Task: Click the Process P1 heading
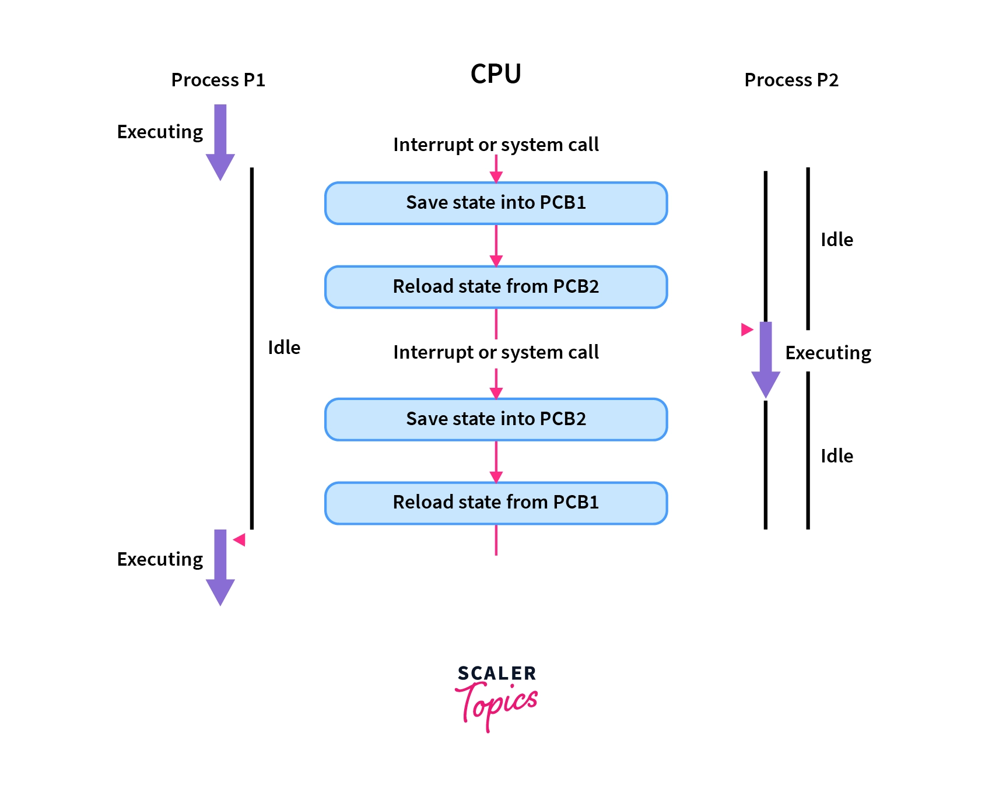click(218, 80)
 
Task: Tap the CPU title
click(496, 74)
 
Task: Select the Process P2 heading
click(791, 80)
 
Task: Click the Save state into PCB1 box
click(496, 203)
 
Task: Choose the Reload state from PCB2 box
click(496, 287)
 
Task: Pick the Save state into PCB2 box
click(496, 419)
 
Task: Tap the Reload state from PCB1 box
click(496, 503)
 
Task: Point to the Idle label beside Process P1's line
click(284, 348)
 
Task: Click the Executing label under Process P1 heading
click(160, 132)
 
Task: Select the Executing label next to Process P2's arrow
click(828, 353)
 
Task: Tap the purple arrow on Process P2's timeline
click(766, 359)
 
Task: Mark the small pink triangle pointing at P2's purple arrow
click(746, 330)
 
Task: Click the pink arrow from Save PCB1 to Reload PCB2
click(496, 246)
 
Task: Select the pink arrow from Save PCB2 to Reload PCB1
click(496, 461)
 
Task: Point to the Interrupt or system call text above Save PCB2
click(496, 352)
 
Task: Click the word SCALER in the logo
click(496, 674)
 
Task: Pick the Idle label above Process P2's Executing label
click(837, 240)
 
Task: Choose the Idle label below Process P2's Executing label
click(837, 456)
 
